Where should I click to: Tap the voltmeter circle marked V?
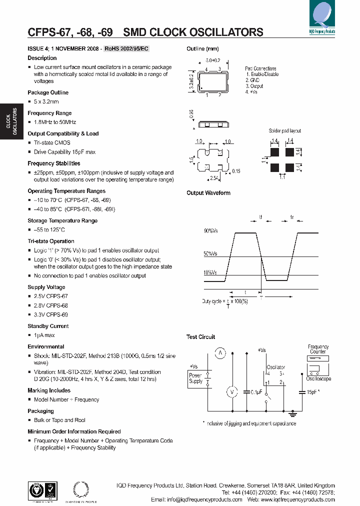coord(231,392)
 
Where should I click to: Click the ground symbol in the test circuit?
coord(293,413)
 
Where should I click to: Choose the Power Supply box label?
coord(195,378)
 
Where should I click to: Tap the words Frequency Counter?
coord(318,349)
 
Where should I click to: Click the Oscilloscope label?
coord(318,378)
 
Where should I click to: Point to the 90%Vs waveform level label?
coord(210,231)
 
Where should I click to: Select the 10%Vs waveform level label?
coord(210,272)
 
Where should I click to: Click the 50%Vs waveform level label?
coord(210,254)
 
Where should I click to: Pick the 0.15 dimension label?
coord(236,171)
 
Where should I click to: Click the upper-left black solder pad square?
coord(274,150)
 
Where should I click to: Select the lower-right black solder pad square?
coord(289,167)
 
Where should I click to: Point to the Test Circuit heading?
coord(200,336)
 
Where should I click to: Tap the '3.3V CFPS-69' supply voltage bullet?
coord(50,314)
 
